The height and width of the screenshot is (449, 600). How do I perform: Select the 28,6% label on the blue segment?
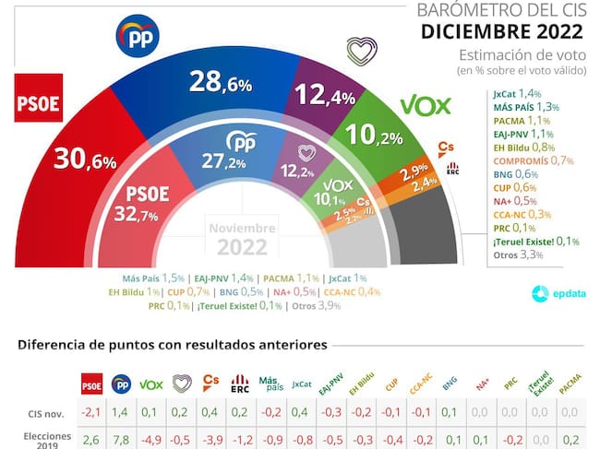220,83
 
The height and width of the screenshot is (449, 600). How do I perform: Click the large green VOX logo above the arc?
425,105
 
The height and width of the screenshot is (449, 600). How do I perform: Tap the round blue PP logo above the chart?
138,36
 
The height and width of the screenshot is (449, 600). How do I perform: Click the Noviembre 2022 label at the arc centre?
242,238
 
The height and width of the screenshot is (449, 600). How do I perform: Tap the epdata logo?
550,294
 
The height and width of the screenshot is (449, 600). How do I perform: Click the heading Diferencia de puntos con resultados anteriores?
173,346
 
